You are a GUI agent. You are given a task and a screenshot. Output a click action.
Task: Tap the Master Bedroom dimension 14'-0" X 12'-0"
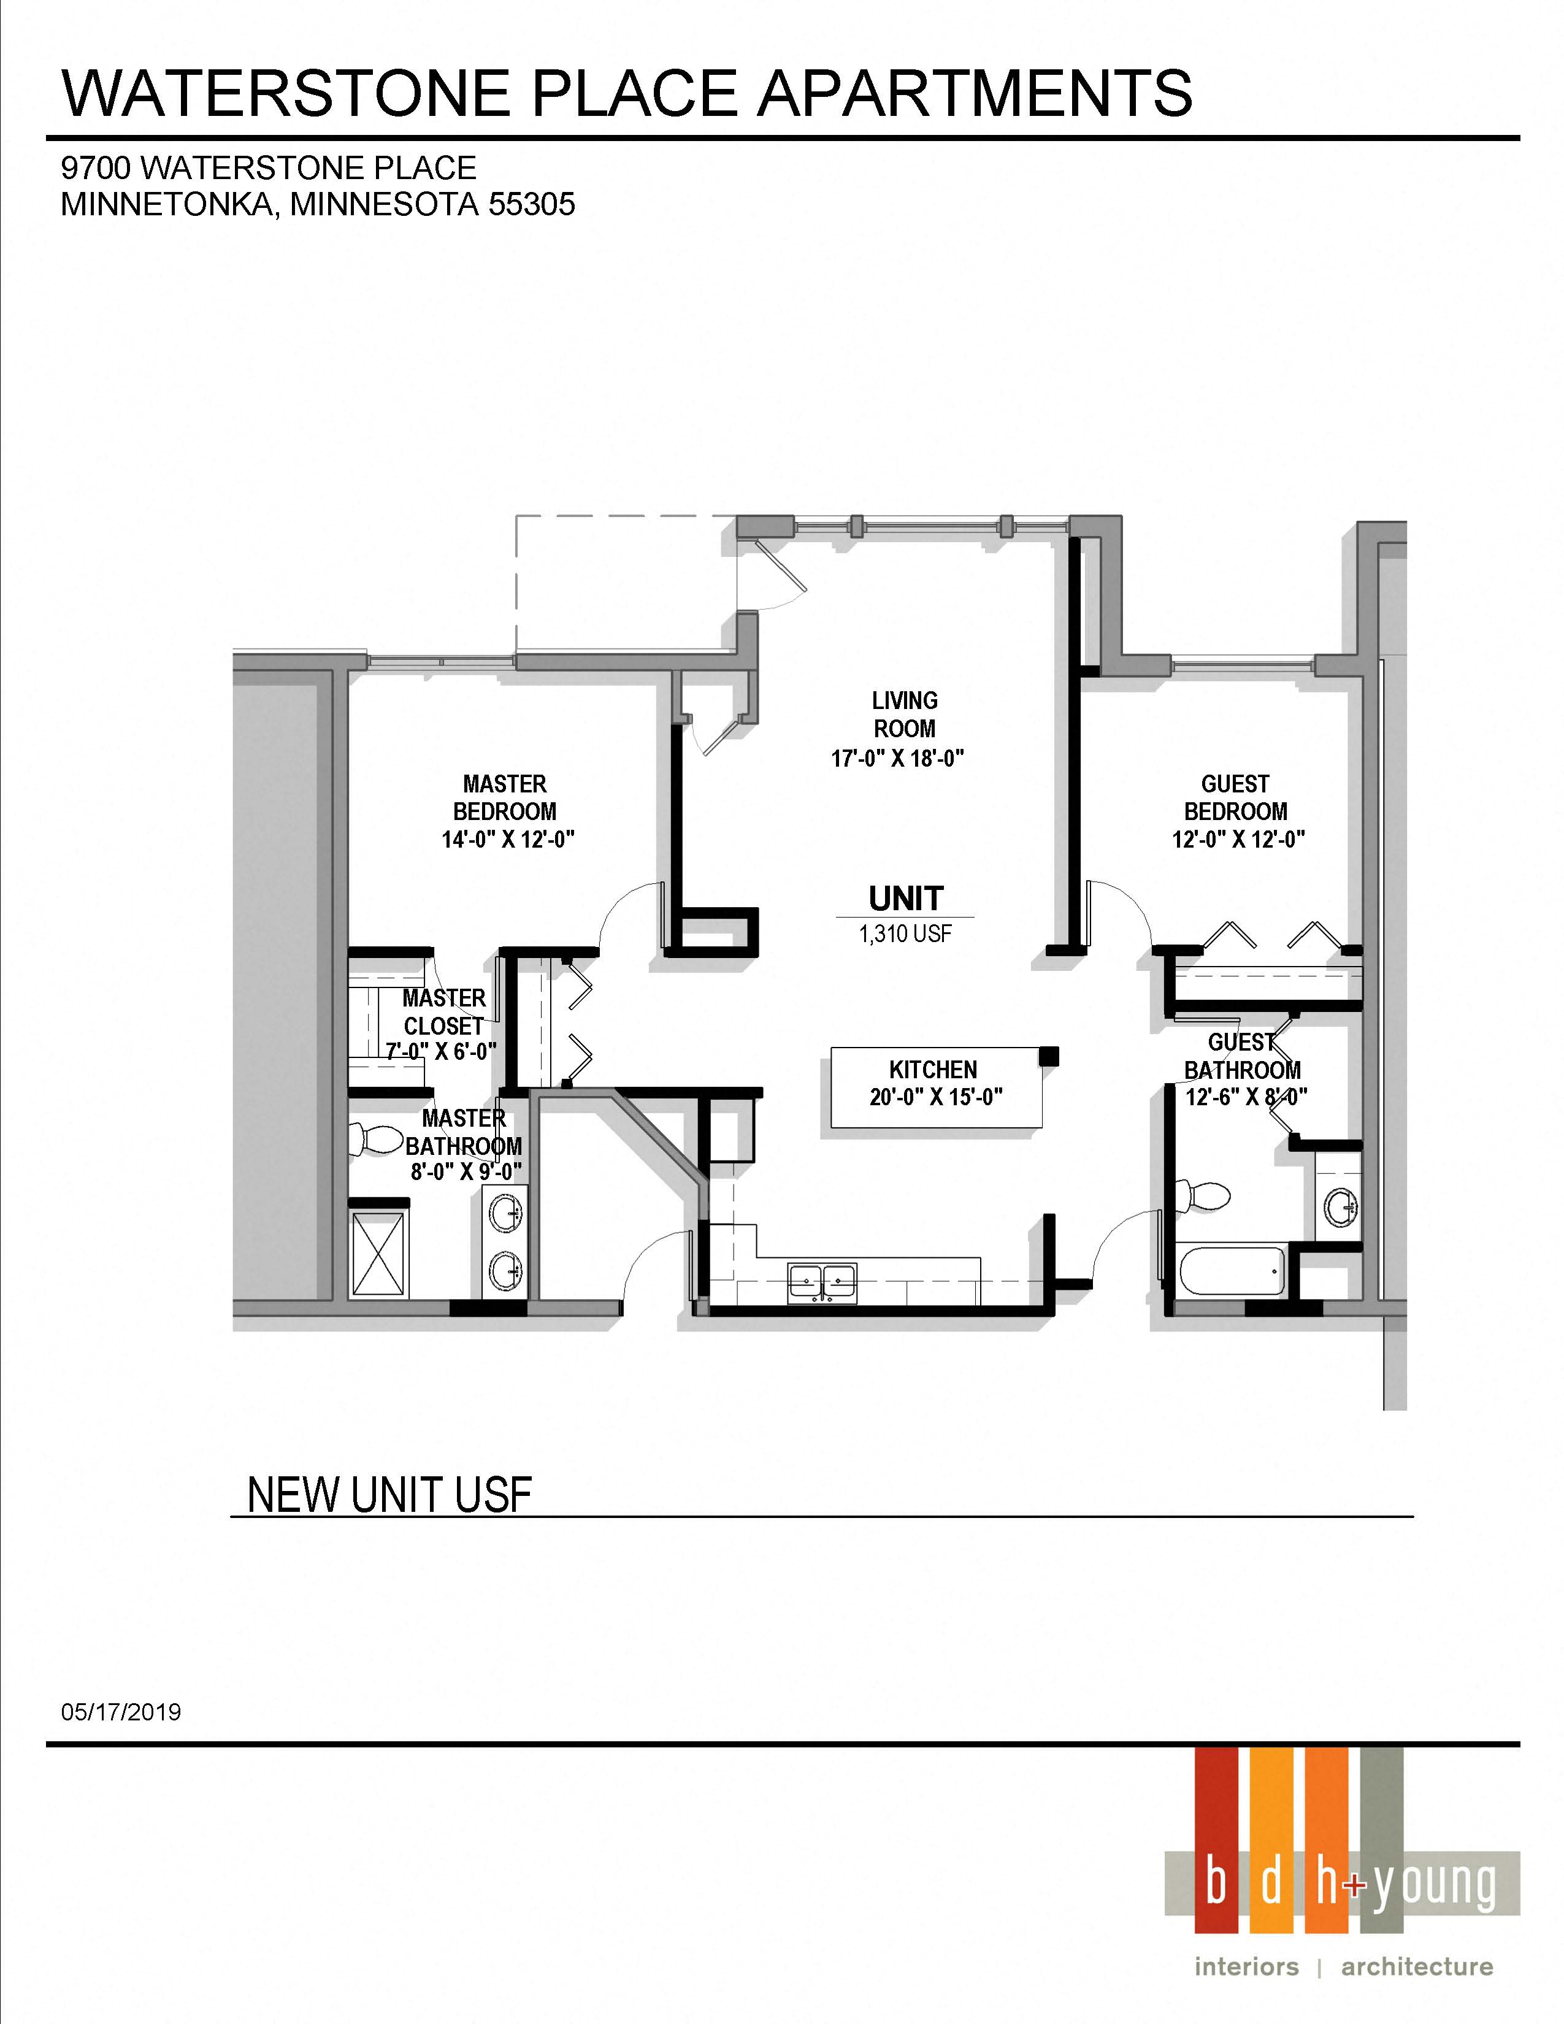click(508, 840)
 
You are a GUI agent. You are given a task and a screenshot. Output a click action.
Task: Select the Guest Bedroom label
click(1235, 798)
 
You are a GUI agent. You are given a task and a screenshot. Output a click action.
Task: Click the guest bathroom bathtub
click(1230, 1271)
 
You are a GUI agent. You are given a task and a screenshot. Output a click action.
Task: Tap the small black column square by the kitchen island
click(1048, 1056)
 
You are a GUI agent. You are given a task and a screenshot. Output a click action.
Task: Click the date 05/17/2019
click(121, 1712)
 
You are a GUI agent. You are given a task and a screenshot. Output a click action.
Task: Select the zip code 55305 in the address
click(531, 204)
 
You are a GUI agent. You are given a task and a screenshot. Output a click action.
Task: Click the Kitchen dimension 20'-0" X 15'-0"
click(936, 1097)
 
